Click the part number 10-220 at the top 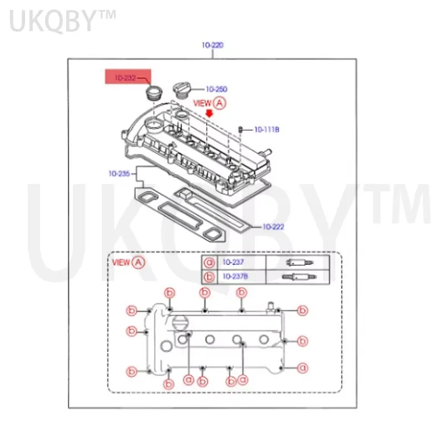pos(212,46)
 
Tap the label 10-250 pos(216,88)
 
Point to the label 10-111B pos(266,130)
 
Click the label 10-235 pos(119,174)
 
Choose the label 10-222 pos(274,226)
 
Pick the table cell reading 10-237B pos(236,276)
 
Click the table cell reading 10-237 pos(234,263)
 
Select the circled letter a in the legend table pos(210,263)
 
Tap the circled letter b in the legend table pos(210,276)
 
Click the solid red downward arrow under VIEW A pos(209,113)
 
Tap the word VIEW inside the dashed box pos(121,262)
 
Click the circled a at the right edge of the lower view pos(303,368)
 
